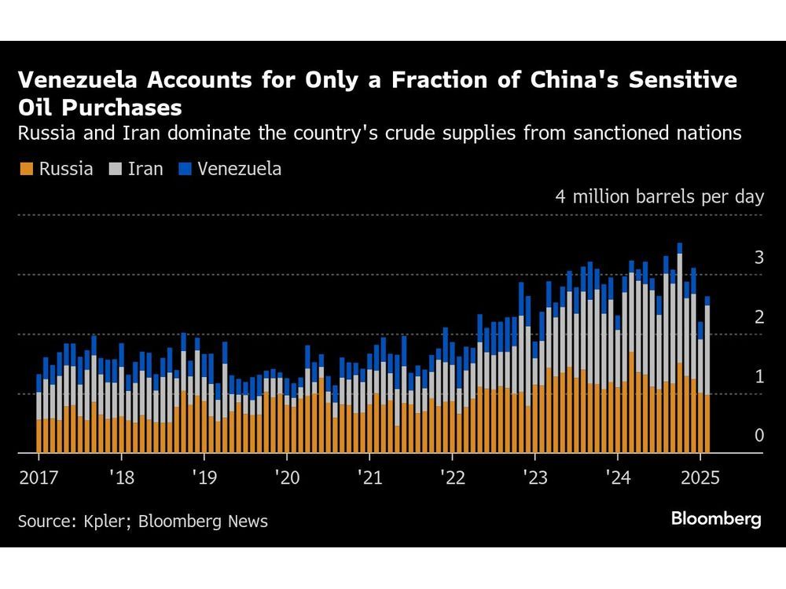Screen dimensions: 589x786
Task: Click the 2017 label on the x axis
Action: click(x=38, y=477)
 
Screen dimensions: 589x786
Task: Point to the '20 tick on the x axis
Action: click(x=286, y=477)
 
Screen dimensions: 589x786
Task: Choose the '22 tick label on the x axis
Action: click(x=452, y=477)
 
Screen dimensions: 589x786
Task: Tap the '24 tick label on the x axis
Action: click(x=618, y=477)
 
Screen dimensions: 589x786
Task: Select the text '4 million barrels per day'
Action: click(x=659, y=196)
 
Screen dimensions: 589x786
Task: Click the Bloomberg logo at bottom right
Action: click(x=716, y=519)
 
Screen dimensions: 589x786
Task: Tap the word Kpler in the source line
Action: click(x=96, y=521)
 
